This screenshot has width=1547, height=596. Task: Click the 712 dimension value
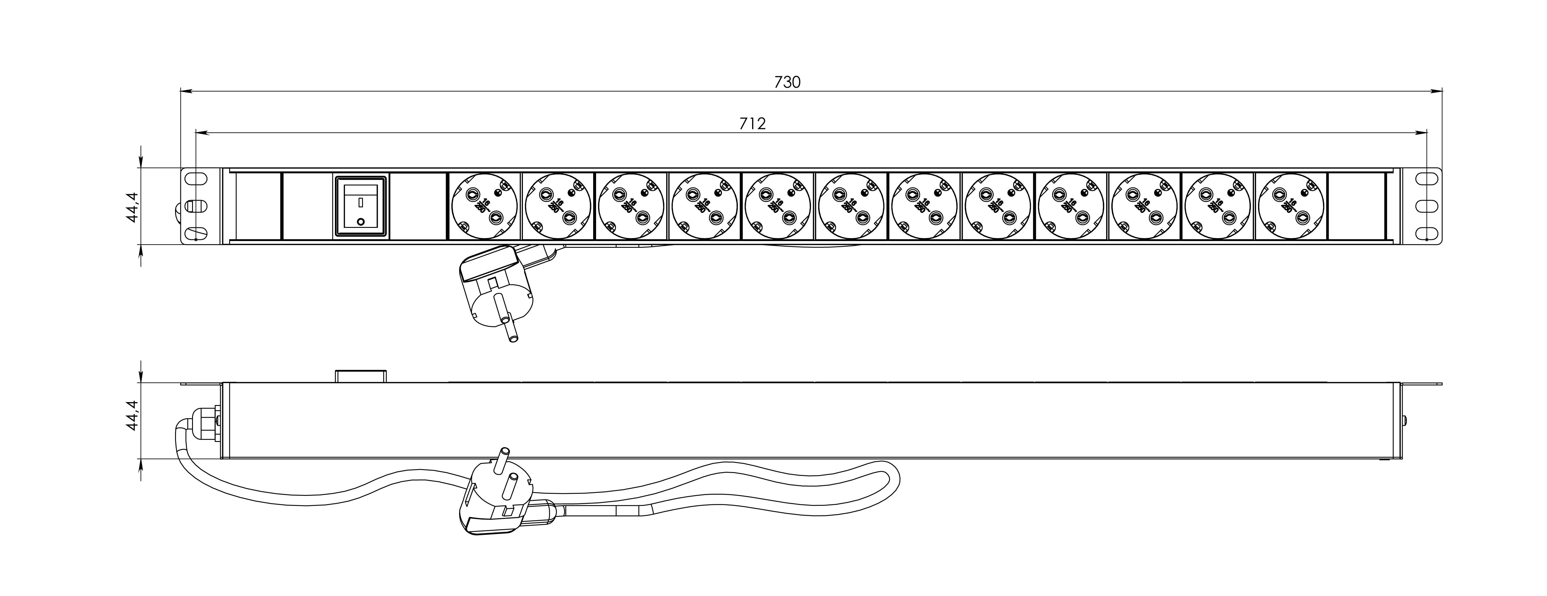tap(752, 124)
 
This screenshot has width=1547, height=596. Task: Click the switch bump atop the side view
tap(360, 376)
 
